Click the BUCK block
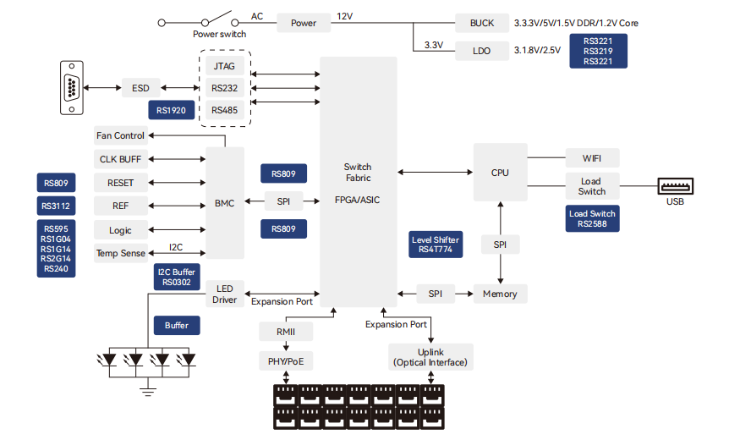(x=481, y=23)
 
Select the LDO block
(x=481, y=51)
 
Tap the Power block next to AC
(x=303, y=23)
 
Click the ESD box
(x=140, y=87)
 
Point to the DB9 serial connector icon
(x=71, y=87)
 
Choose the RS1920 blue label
(x=171, y=110)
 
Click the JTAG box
(x=224, y=64)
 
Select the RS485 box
(x=224, y=110)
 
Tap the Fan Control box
(x=120, y=135)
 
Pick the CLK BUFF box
(x=120, y=159)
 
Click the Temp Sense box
(x=120, y=253)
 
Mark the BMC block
(x=225, y=203)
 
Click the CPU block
(x=500, y=172)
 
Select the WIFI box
(x=592, y=158)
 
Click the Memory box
(x=500, y=294)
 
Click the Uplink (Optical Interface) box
(x=430, y=357)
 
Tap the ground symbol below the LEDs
(x=148, y=390)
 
